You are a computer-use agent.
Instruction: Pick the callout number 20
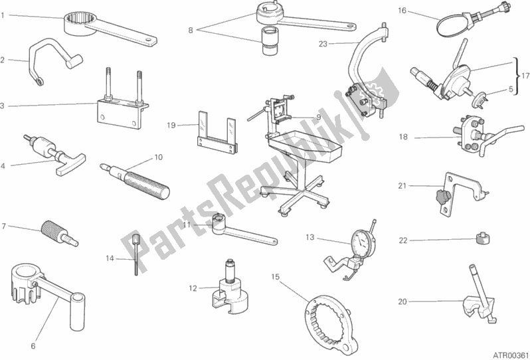click(x=402, y=302)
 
